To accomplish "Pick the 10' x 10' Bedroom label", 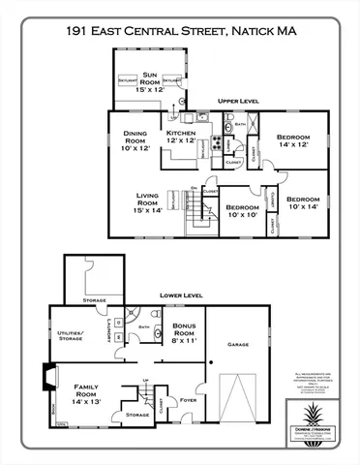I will coord(241,210).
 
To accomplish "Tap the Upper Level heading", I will coord(236,100).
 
